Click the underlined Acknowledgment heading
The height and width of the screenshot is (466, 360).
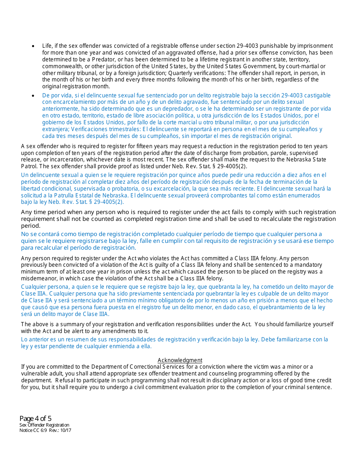[x=180, y=360]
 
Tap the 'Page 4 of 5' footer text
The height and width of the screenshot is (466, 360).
[x=35, y=419]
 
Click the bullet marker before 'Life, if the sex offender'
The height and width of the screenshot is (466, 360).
[x=33, y=46]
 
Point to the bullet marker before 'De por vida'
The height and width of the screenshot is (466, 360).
[x=33, y=96]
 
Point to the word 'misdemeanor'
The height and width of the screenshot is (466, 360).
[x=38, y=278]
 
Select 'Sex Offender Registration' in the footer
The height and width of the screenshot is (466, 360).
[x=44, y=425]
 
